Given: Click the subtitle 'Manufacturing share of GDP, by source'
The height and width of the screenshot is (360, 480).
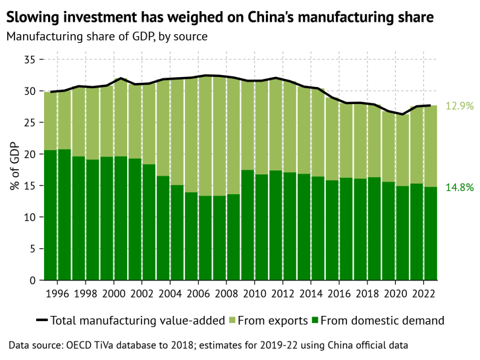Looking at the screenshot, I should tap(107, 36).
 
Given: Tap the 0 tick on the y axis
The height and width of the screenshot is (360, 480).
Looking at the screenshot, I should tap(31, 280).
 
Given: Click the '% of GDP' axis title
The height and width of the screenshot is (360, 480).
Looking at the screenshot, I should tap(14, 169).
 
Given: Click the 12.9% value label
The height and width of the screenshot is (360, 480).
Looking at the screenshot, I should tap(460, 106).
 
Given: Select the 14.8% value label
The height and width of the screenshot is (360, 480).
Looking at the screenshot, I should tap(460, 187).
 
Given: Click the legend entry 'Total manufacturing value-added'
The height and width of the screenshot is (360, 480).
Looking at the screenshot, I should tap(131, 321).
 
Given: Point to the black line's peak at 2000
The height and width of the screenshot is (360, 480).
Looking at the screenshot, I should tap(120, 78).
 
